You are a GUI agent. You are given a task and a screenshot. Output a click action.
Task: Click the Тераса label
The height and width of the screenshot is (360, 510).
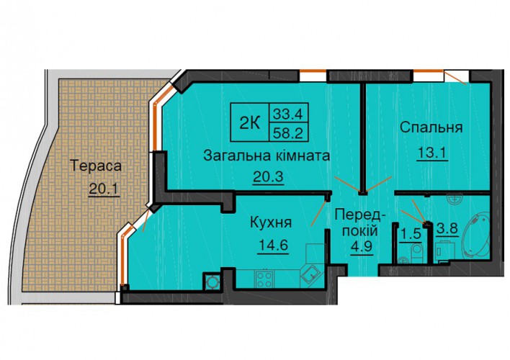pos(96,166)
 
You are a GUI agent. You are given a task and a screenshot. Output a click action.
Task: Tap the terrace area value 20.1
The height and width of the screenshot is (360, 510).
pos(104,189)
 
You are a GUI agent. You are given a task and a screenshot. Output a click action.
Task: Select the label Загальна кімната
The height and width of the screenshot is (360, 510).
pos(267,156)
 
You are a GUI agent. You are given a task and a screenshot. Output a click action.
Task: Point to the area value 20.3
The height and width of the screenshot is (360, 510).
pos(269,177)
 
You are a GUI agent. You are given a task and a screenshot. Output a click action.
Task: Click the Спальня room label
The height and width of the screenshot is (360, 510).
pos(431,127)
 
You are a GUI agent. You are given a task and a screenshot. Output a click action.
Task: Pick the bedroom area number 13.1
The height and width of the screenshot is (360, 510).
pos(432,153)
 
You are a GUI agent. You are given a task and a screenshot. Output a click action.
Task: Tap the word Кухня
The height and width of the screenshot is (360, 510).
pos(271,222)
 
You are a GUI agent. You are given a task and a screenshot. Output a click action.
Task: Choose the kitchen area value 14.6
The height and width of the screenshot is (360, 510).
pos(273,246)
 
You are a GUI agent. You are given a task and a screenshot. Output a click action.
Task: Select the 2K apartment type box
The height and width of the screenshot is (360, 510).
pos(249,122)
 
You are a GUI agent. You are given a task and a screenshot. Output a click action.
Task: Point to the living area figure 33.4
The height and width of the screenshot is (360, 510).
pos(288,114)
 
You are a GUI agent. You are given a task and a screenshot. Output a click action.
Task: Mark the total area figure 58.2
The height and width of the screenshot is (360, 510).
pos(288,132)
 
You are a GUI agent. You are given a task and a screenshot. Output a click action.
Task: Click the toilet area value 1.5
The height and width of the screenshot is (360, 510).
pos(411,234)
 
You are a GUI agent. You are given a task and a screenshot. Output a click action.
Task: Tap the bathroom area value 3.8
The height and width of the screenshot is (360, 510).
pos(448,229)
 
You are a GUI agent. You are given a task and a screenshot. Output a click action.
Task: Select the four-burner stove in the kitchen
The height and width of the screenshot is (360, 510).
pos(264,279)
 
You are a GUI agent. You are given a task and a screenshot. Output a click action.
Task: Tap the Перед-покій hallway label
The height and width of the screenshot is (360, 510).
pos(360,223)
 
